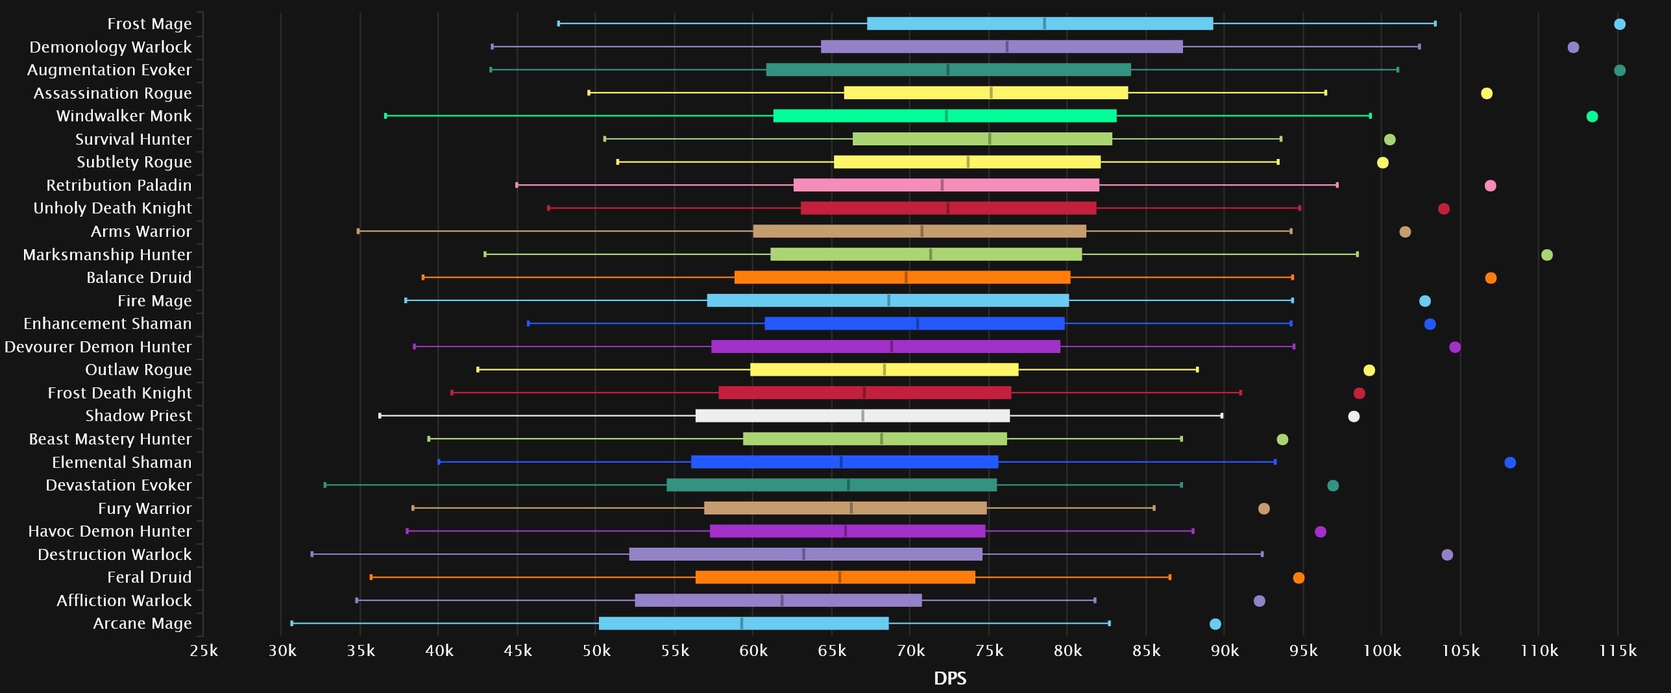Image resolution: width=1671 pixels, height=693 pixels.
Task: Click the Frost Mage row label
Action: coord(149,24)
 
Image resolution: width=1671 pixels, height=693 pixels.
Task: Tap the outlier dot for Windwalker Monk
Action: coord(1592,117)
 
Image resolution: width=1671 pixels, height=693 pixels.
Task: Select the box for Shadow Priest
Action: coord(852,416)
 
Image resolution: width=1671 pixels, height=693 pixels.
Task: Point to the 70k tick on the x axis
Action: coord(910,650)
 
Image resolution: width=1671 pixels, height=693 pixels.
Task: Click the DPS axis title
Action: coord(950,679)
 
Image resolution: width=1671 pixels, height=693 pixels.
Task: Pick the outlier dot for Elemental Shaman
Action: coord(1510,463)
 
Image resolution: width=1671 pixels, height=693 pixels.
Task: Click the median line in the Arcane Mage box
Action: coord(742,624)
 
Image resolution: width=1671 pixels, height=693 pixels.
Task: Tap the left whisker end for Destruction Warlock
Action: coord(312,554)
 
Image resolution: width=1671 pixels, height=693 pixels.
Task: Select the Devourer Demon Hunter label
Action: coord(98,347)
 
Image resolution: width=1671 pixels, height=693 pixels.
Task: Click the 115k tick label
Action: coord(1618,650)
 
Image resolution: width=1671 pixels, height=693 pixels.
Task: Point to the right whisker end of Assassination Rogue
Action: coord(1325,93)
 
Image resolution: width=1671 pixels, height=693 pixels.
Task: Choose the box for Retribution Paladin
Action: coord(946,186)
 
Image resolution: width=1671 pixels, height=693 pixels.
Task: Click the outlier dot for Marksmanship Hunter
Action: coord(1547,255)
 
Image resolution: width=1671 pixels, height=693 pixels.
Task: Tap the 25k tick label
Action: coord(204,650)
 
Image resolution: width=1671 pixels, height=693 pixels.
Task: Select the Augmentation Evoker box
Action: coord(948,70)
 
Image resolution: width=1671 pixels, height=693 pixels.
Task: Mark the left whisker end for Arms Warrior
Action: coord(358,232)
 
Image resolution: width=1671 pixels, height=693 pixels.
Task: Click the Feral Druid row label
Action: coord(149,577)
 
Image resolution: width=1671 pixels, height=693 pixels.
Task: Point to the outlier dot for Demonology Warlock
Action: coord(1573,47)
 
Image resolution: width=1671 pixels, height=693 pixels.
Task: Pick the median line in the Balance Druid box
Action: coord(906,278)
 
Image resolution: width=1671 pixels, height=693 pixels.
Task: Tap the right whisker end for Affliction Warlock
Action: coord(1095,600)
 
